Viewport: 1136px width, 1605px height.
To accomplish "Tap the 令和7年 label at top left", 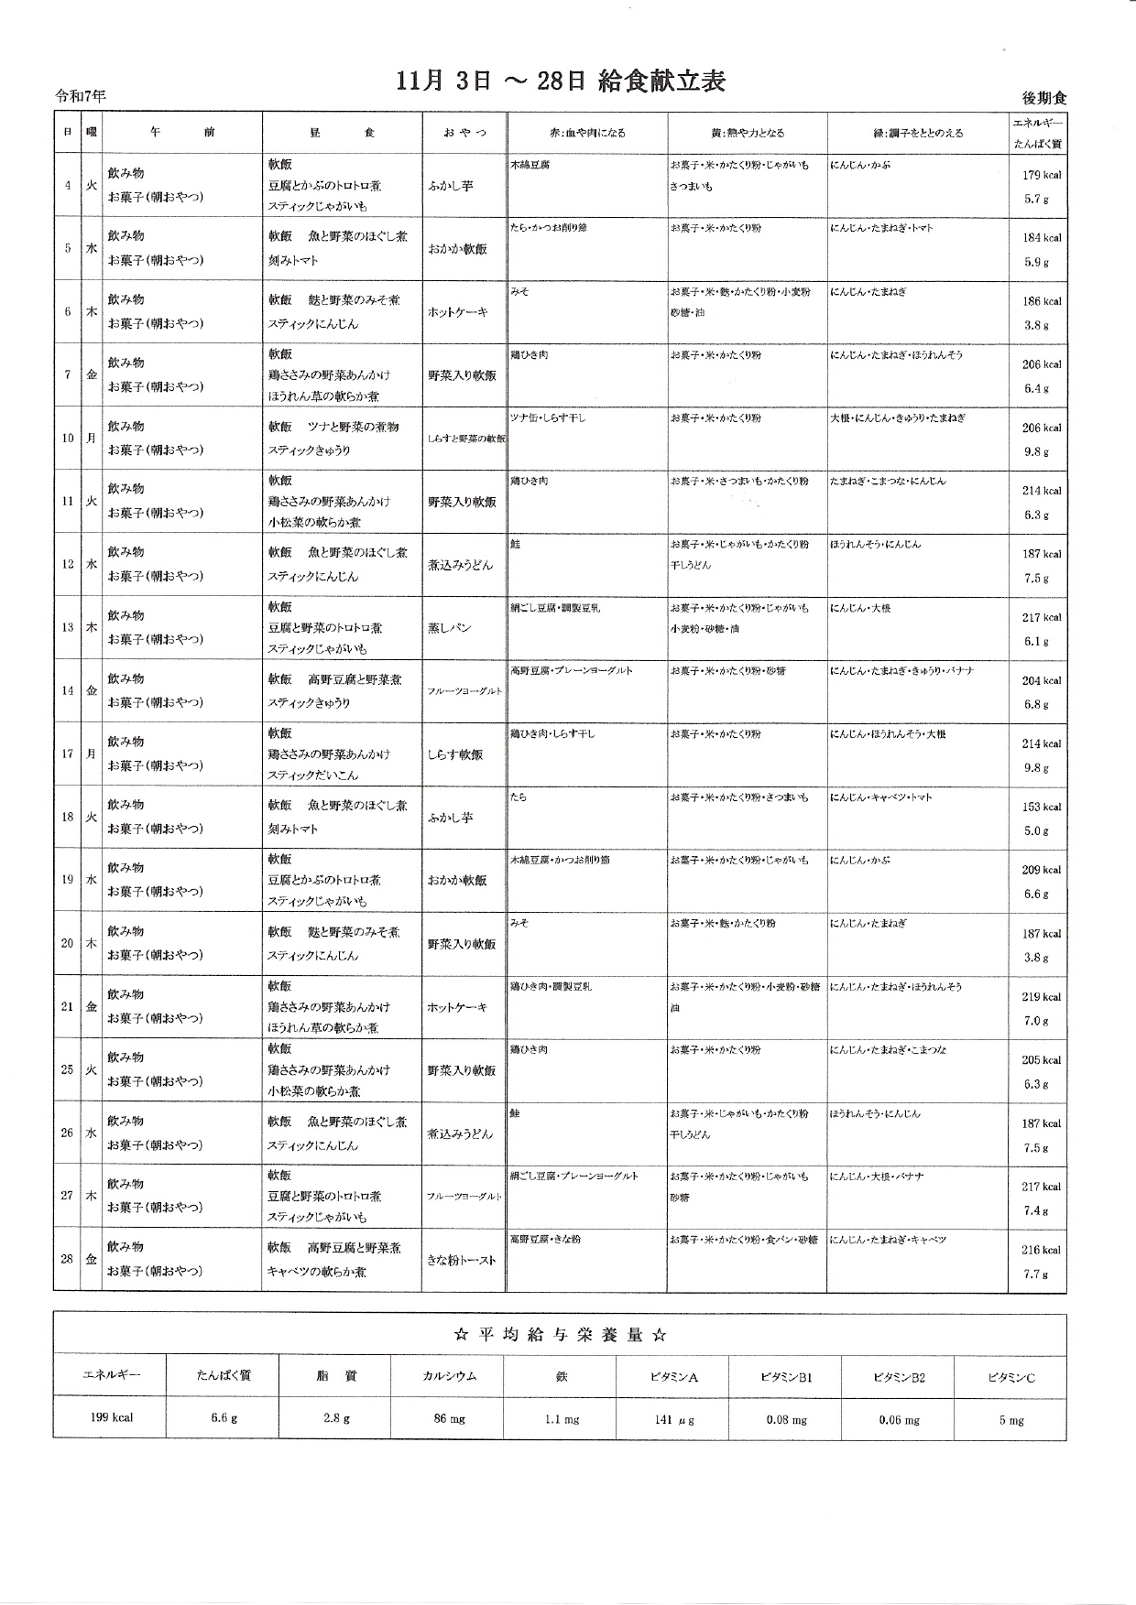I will [81, 95].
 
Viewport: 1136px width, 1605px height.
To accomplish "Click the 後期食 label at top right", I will [1044, 98].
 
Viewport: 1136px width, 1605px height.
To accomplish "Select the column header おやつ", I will [464, 133].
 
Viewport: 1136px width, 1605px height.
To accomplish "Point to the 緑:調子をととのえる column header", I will [917, 133].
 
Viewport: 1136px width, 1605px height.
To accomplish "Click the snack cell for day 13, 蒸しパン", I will [449, 628].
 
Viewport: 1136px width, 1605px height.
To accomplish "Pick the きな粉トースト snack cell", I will [462, 1260].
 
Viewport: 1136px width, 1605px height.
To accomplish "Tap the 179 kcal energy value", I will [1041, 175].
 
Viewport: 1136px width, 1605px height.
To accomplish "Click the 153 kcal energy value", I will [1041, 807].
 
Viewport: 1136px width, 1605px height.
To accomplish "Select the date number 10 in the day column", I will [68, 438].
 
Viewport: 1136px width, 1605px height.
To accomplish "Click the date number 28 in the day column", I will [67, 1259].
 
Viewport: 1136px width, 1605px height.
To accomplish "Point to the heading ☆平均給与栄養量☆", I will [559, 1335].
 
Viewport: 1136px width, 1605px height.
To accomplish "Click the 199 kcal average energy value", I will [111, 1417].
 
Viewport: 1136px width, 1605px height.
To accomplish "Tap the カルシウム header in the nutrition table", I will [449, 1376].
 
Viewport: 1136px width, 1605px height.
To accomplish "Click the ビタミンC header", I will [1010, 1377].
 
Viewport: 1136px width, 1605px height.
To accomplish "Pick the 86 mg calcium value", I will [449, 1419].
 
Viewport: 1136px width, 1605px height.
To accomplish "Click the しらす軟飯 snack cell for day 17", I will [455, 754].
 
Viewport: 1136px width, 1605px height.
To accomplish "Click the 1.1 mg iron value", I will [562, 1420].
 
